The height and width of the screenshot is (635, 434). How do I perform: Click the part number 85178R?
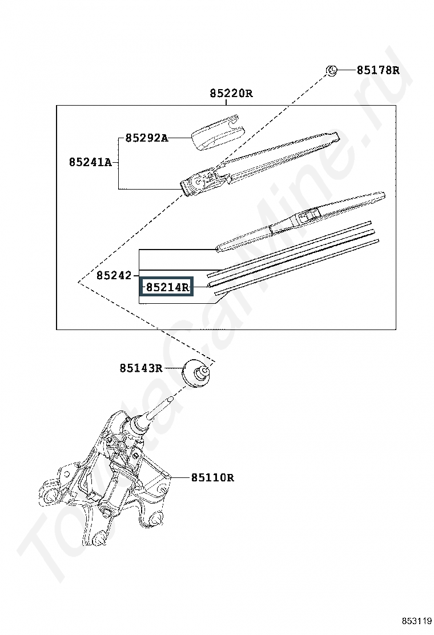[x=377, y=70]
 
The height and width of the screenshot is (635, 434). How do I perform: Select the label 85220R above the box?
[x=231, y=94]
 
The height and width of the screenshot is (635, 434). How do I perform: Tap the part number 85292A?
[x=146, y=138]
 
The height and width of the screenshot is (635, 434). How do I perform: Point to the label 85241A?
[x=90, y=162]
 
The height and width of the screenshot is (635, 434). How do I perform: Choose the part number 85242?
[x=114, y=276]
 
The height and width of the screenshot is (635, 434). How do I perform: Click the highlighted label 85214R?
[x=167, y=288]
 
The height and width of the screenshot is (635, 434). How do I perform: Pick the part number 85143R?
[x=141, y=368]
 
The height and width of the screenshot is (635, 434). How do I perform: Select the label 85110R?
[x=212, y=478]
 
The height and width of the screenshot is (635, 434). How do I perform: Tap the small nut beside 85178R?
[x=331, y=71]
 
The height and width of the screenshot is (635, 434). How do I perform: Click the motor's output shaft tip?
[x=170, y=399]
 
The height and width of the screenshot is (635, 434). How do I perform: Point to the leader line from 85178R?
[x=346, y=70]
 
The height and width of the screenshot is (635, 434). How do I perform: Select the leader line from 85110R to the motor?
[x=182, y=478]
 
